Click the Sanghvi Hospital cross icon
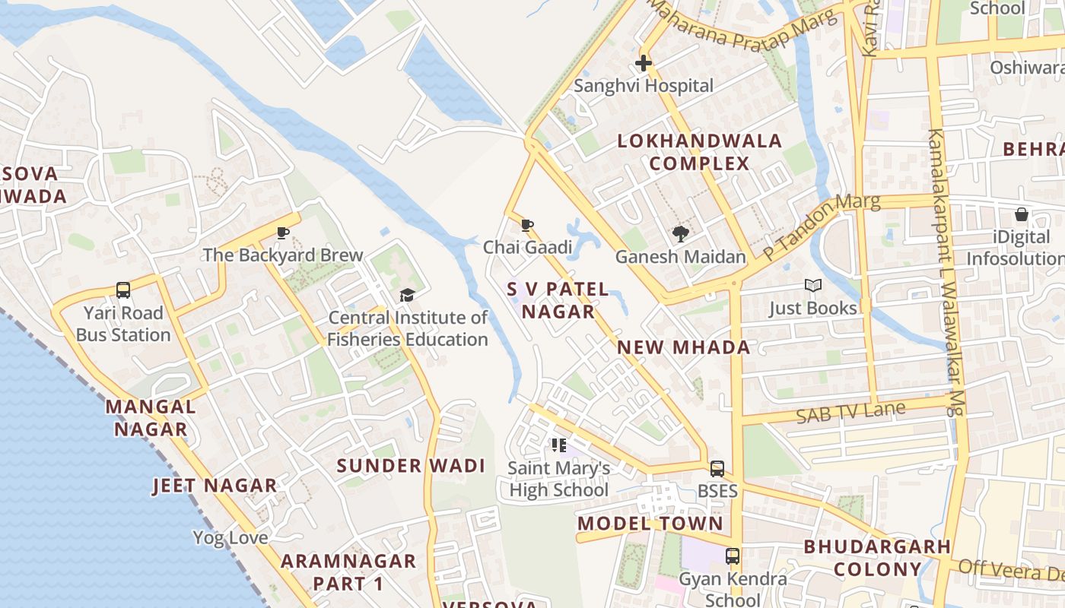(644, 63)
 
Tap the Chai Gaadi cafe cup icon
(526, 225)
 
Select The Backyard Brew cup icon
(283, 233)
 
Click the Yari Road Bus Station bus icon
(123, 290)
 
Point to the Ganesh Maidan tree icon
(680, 234)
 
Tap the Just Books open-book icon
(813, 286)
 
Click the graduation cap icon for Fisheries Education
(408, 295)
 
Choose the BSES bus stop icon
(717, 469)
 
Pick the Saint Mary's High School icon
(559, 445)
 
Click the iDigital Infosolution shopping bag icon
(1021, 215)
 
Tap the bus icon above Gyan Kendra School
(733, 556)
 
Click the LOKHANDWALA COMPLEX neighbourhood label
(699, 152)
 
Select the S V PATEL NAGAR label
(558, 300)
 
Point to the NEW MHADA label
(683, 347)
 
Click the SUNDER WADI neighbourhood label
(411, 466)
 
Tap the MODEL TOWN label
(650, 524)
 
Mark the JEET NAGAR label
(215, 486)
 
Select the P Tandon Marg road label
(821, 226)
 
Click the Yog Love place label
(230, 538)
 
